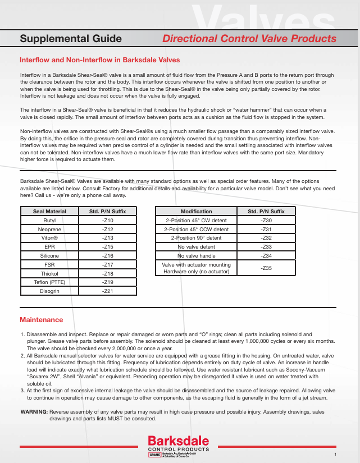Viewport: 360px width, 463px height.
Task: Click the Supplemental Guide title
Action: pos(71,39)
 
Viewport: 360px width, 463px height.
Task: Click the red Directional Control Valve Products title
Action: pos(249,39)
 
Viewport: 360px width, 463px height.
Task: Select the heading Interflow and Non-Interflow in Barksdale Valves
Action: pos(99,59)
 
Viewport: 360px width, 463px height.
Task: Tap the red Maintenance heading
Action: pos(41,320)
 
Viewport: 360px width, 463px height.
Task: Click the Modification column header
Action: pos(196,212)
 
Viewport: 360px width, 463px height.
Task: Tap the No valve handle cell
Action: pos(196,256)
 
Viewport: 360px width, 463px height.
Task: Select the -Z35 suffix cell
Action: pos(267,268)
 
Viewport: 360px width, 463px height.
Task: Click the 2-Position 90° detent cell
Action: pos(196,238)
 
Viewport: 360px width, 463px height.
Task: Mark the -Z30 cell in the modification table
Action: pos(267,221)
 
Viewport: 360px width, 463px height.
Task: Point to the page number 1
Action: pos(335,453)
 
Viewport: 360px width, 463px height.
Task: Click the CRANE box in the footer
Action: pos(154,455)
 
